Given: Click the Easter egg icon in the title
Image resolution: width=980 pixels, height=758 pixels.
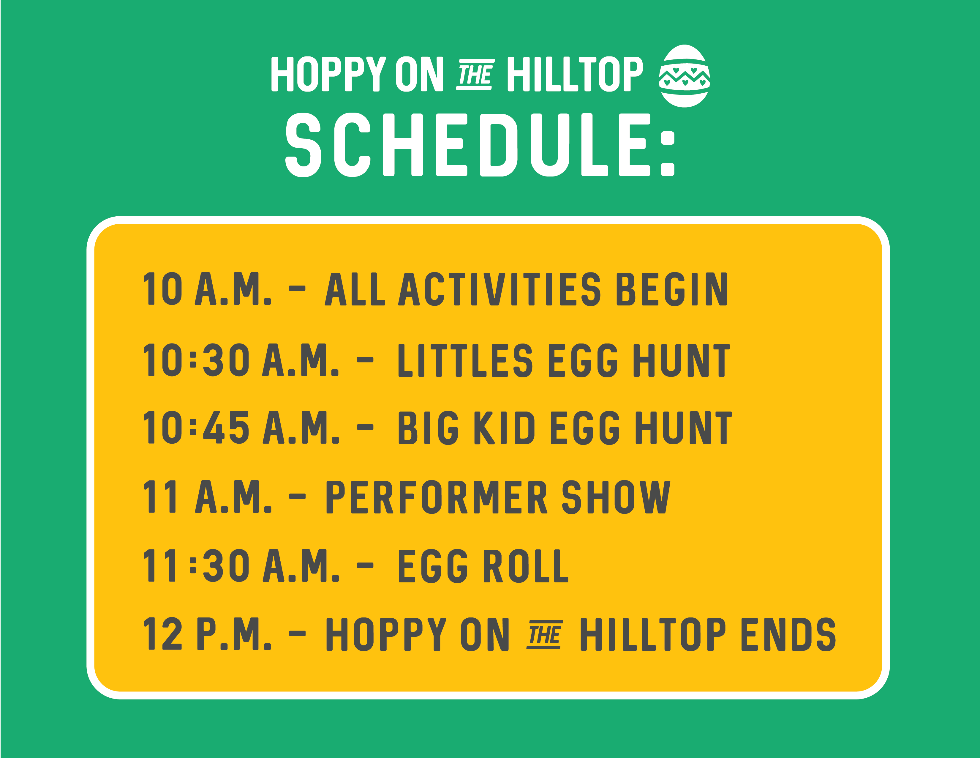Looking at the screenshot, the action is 684,76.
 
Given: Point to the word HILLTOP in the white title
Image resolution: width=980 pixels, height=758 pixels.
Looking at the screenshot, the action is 575,74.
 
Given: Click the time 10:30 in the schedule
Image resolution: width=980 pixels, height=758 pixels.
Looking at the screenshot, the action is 196,360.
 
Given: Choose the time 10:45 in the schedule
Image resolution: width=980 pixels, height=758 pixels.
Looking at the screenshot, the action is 196,428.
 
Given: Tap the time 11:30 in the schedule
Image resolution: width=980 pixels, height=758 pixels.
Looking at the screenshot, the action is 196,566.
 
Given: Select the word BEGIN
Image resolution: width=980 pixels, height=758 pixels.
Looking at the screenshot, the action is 672,289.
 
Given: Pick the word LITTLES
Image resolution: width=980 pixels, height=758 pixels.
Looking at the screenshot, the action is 465,360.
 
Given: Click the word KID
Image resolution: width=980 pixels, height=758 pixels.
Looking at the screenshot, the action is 504,428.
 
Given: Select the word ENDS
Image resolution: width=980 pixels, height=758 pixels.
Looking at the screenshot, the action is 788,634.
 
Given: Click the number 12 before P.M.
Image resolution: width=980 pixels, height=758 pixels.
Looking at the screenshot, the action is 162,634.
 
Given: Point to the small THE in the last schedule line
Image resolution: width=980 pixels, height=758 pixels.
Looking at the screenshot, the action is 544,634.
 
